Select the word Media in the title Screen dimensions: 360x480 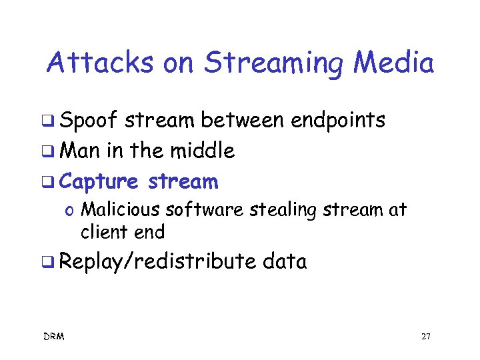point(394,64)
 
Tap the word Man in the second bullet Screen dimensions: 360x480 point(79,151)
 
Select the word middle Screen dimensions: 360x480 point(201,151)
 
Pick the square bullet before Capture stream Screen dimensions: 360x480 point(48,182)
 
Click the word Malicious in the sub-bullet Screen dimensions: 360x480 point(119,210)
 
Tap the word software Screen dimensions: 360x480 point(205,210)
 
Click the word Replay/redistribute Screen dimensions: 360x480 point(157,262)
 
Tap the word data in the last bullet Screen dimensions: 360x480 point(285,262)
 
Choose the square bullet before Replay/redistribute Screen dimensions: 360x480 point(48,263)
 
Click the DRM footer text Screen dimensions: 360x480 point(53,337)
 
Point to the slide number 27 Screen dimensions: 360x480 point(426,337)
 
